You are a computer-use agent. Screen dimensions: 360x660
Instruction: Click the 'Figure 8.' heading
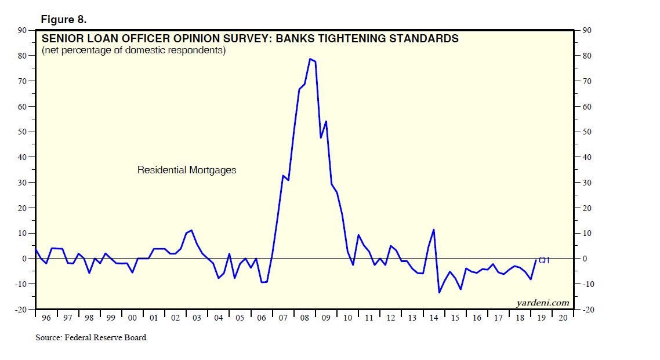coord(63,20)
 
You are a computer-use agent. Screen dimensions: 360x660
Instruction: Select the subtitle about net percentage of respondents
coord(133,50)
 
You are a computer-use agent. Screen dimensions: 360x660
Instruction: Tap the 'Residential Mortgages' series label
coord(187,170)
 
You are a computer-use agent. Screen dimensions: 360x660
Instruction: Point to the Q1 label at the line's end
coord(543,260)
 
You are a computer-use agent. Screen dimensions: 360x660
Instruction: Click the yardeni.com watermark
coord(542,303)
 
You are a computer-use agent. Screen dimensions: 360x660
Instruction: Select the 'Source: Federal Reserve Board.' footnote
coord(92,337)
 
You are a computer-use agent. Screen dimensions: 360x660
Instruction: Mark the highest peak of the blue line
coord(310,59)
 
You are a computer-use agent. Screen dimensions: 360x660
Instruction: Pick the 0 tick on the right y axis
coord(581,259)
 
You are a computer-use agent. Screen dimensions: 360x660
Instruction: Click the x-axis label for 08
coord(304,318)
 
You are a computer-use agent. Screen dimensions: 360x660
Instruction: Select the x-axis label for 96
coord(46,318)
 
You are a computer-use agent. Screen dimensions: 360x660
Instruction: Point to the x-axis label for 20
coord(561,318)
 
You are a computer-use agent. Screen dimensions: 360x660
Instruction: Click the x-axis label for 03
coord(197,318)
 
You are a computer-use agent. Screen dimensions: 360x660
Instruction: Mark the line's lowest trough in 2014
coord(439,292)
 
